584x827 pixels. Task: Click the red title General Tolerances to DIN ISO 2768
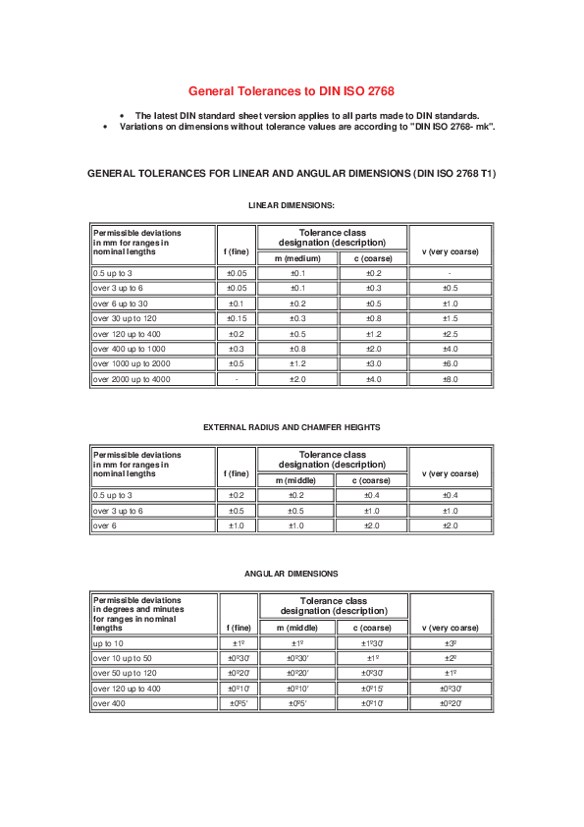click(292, 90)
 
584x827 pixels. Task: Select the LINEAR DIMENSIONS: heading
click(292, 205)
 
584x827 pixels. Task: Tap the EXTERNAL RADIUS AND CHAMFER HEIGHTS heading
click(292, 427)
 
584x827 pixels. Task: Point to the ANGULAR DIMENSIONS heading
click(292, 573)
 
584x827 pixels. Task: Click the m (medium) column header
click(297, 257)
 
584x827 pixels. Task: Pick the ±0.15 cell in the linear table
click(237, 318)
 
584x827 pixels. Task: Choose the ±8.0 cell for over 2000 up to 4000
click(450, 378)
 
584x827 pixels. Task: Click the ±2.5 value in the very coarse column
click(450, 334)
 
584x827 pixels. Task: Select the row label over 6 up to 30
click(121, 303)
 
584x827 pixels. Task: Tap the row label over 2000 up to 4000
click(132, 378)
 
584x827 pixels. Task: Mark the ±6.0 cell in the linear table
click(450, 363)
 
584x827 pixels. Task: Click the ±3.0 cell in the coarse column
click(373, 363)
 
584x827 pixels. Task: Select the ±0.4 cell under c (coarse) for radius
click(373, 495)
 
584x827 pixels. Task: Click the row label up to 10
click(109, 643)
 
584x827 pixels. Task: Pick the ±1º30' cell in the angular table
click(373, 643)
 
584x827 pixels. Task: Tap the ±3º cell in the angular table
click(450, 643)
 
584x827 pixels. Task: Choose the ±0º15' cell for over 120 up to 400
click(373, 689)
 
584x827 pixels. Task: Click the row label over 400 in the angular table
click(109, 703)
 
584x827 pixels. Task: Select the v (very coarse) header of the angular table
click(450, 628)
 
